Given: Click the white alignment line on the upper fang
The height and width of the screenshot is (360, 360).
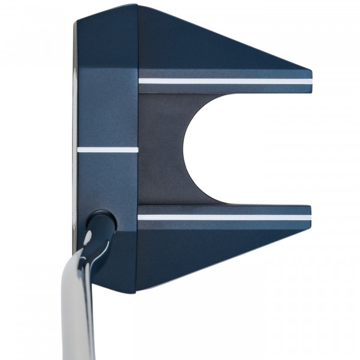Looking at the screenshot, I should click(225, 81).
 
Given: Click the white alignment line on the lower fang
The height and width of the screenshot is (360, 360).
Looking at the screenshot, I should click(225, 217).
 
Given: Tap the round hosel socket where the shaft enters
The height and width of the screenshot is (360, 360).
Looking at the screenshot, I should click(101, 221).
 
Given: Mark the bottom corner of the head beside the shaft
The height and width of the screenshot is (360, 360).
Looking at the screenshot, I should click(137, 290).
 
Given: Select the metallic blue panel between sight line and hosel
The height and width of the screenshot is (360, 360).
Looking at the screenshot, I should click(108, 180).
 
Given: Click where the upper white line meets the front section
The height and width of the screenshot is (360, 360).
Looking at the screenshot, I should click(140, 81).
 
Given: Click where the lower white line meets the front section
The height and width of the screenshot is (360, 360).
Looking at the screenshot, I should click(139, 217).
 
